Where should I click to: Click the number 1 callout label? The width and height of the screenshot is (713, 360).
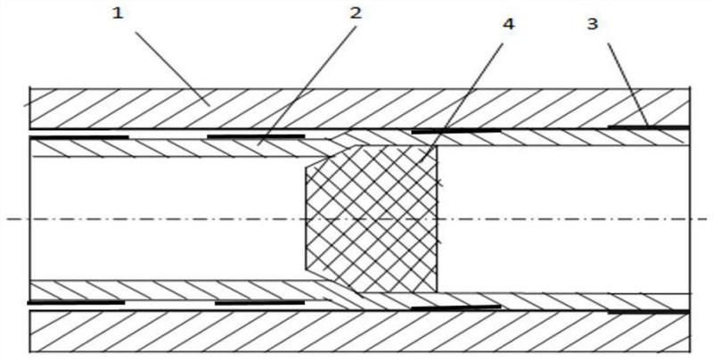tap(118, 13)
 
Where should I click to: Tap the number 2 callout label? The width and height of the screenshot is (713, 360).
tap(356, 13)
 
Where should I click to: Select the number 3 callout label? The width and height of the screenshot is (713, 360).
tap(592, 24)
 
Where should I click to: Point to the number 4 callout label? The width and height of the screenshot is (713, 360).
tap(508, 24)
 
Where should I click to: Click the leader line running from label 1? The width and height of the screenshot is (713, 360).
tap(173, 69)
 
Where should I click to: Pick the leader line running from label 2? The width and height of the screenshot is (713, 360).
tap(307, 85)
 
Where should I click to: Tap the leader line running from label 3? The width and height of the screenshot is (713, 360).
tap(628, 84)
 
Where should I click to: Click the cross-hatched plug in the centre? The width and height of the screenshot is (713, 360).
tap(372, 219)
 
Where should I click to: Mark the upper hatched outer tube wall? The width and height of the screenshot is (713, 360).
tap(359, 109)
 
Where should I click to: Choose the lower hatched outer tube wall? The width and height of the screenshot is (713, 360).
tap(359, 331)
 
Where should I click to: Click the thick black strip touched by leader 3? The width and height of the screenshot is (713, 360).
tap(649, 127)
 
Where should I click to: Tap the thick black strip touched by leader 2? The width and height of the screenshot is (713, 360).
tap(256, 136)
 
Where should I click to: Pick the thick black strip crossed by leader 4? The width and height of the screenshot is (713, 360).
tap(456, 131)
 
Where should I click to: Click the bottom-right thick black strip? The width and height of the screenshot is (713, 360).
tap(649, 312)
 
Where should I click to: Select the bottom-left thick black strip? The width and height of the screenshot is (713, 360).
tap(76, 302)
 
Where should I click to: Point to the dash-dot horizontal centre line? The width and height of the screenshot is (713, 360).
tap(356, 219)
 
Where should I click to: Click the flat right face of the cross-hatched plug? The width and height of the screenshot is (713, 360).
tap(437, 219)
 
